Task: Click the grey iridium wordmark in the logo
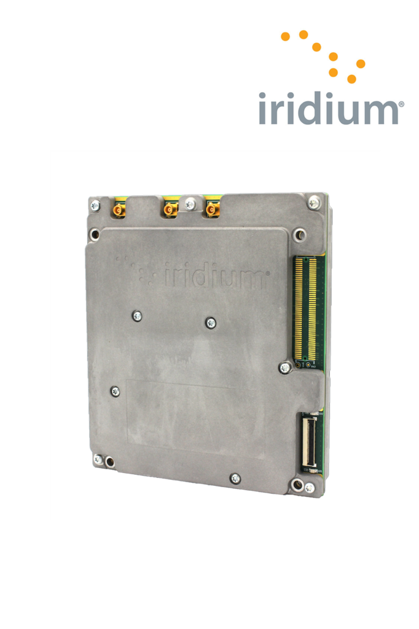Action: [329, 109]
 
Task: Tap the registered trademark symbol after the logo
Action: [401, 105]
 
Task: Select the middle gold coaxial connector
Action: [168, 210]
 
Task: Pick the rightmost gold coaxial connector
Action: [212, 209]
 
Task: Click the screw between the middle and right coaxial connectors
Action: [190, 203]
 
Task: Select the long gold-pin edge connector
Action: [306, 309]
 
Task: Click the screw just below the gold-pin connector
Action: [284, 367]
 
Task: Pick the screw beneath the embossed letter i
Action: [137, 316]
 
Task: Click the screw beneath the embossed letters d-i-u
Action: [211, 322]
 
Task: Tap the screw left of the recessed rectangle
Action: [115, 391]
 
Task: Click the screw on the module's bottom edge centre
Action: [235, 478]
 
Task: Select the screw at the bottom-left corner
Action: [98, 459]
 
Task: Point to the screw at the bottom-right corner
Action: [309, 488]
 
